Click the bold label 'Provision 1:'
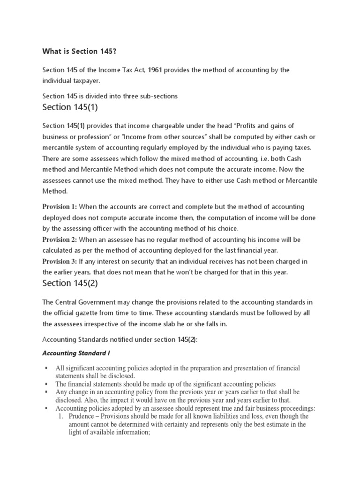coord(60,207)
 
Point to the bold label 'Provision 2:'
coord(60,240)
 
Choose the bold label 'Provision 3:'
coord(60,261)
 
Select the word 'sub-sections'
coord(158,96)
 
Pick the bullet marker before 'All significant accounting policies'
coord(46,368)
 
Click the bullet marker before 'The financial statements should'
coord(46,383)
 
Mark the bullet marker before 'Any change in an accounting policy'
coord(46,391)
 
